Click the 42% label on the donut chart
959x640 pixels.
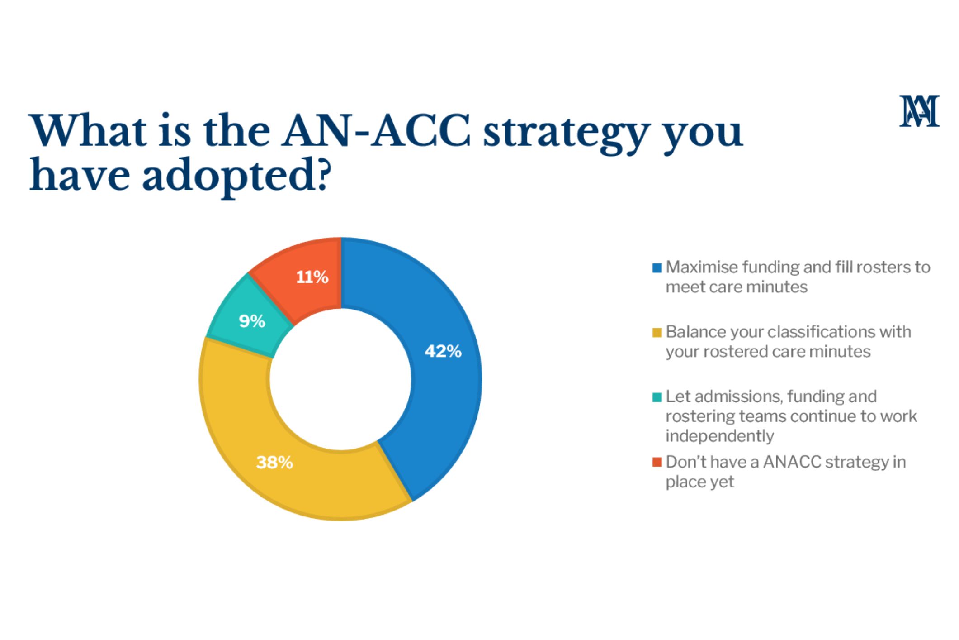[x=443, y=351]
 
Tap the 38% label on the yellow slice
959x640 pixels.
[x=274, y=463]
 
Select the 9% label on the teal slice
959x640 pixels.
[x=252, y=321]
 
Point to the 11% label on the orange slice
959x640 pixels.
[x=312, y=277]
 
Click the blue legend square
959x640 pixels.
[x=657, y=268]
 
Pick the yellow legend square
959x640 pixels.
[x=657, y=333]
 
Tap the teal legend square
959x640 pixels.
[x=657, y=397]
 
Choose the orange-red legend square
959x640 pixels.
[x=657, y=462]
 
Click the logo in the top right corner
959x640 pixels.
[x=919, y=111]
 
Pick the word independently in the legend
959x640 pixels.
[x=719, y=436]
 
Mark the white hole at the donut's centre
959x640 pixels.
[x=341, y=379]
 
